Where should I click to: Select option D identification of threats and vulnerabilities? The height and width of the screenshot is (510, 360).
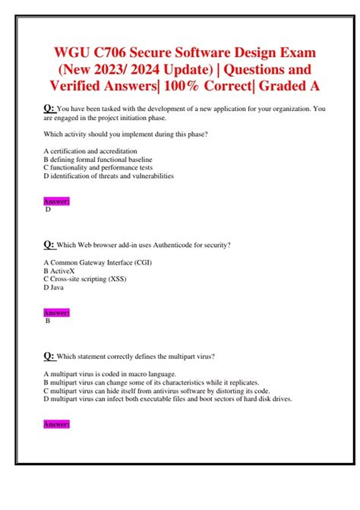109,176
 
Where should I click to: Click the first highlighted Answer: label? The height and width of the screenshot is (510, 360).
57,201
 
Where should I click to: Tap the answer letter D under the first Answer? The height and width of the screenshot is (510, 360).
49,209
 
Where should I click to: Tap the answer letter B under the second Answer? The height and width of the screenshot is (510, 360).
49,321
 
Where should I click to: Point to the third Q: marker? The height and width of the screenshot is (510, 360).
49,355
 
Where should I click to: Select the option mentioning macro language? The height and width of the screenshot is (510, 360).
110,374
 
